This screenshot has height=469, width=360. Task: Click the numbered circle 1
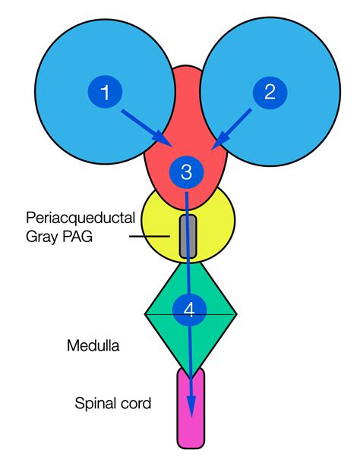pos(106,93)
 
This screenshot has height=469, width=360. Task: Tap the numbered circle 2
pos(270,93)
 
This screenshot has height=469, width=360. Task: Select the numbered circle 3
pos(187,172)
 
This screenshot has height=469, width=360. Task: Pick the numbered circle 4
pos(189,309)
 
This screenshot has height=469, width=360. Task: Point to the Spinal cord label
pos(112,403)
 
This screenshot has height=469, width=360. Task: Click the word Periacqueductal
pos(80,218)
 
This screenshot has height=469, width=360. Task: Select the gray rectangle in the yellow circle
pos(188,236)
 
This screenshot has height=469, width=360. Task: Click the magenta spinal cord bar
pos(191,410)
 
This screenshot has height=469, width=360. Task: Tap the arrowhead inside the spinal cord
pos(191,406)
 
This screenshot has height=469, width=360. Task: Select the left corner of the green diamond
pos(147,313)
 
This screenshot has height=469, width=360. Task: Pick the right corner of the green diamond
pos(236,313)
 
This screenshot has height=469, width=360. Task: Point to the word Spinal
pos(93,403)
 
